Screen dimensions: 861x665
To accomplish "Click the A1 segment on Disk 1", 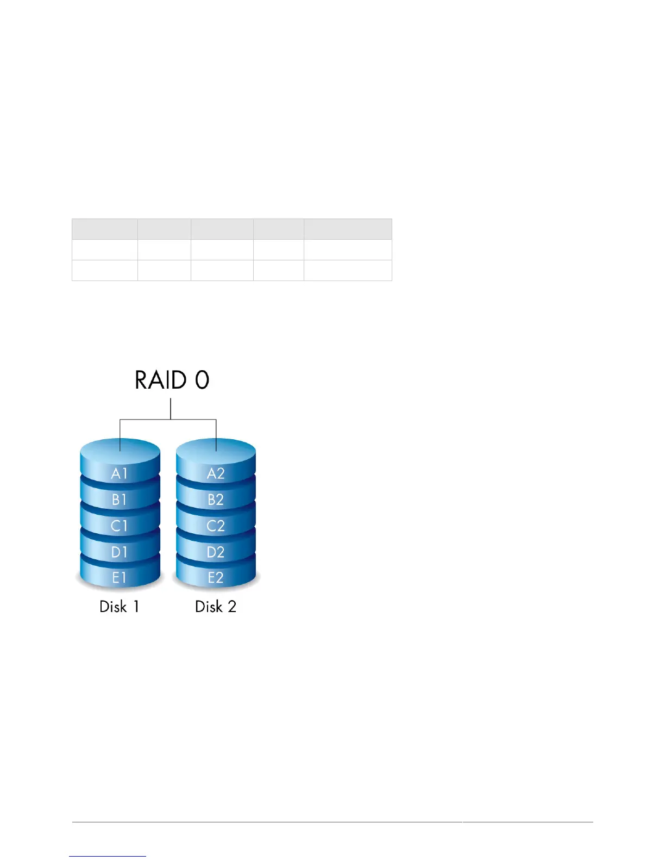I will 120,473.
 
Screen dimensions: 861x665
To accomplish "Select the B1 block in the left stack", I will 120,500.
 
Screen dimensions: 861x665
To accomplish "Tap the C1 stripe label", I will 120,526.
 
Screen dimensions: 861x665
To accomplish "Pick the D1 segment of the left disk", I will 120,552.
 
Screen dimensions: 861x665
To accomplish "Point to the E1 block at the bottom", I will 120,578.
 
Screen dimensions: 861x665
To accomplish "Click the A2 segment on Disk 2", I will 216,473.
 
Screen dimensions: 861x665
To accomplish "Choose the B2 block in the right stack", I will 216,500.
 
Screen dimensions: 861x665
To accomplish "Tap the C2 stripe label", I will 216,526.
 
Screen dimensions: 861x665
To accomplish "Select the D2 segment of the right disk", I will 216,552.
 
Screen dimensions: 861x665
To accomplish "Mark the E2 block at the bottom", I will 216,578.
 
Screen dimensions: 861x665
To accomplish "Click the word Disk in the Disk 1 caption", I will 113,607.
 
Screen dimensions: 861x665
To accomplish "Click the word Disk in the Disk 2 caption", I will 209,607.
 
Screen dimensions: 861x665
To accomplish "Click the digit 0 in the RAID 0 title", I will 202,380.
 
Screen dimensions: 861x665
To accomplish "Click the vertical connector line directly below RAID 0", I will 171,409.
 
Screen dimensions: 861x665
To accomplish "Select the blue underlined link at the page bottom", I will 108,856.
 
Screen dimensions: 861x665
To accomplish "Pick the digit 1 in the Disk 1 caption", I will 136,607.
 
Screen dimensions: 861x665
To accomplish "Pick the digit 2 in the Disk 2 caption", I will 232,607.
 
